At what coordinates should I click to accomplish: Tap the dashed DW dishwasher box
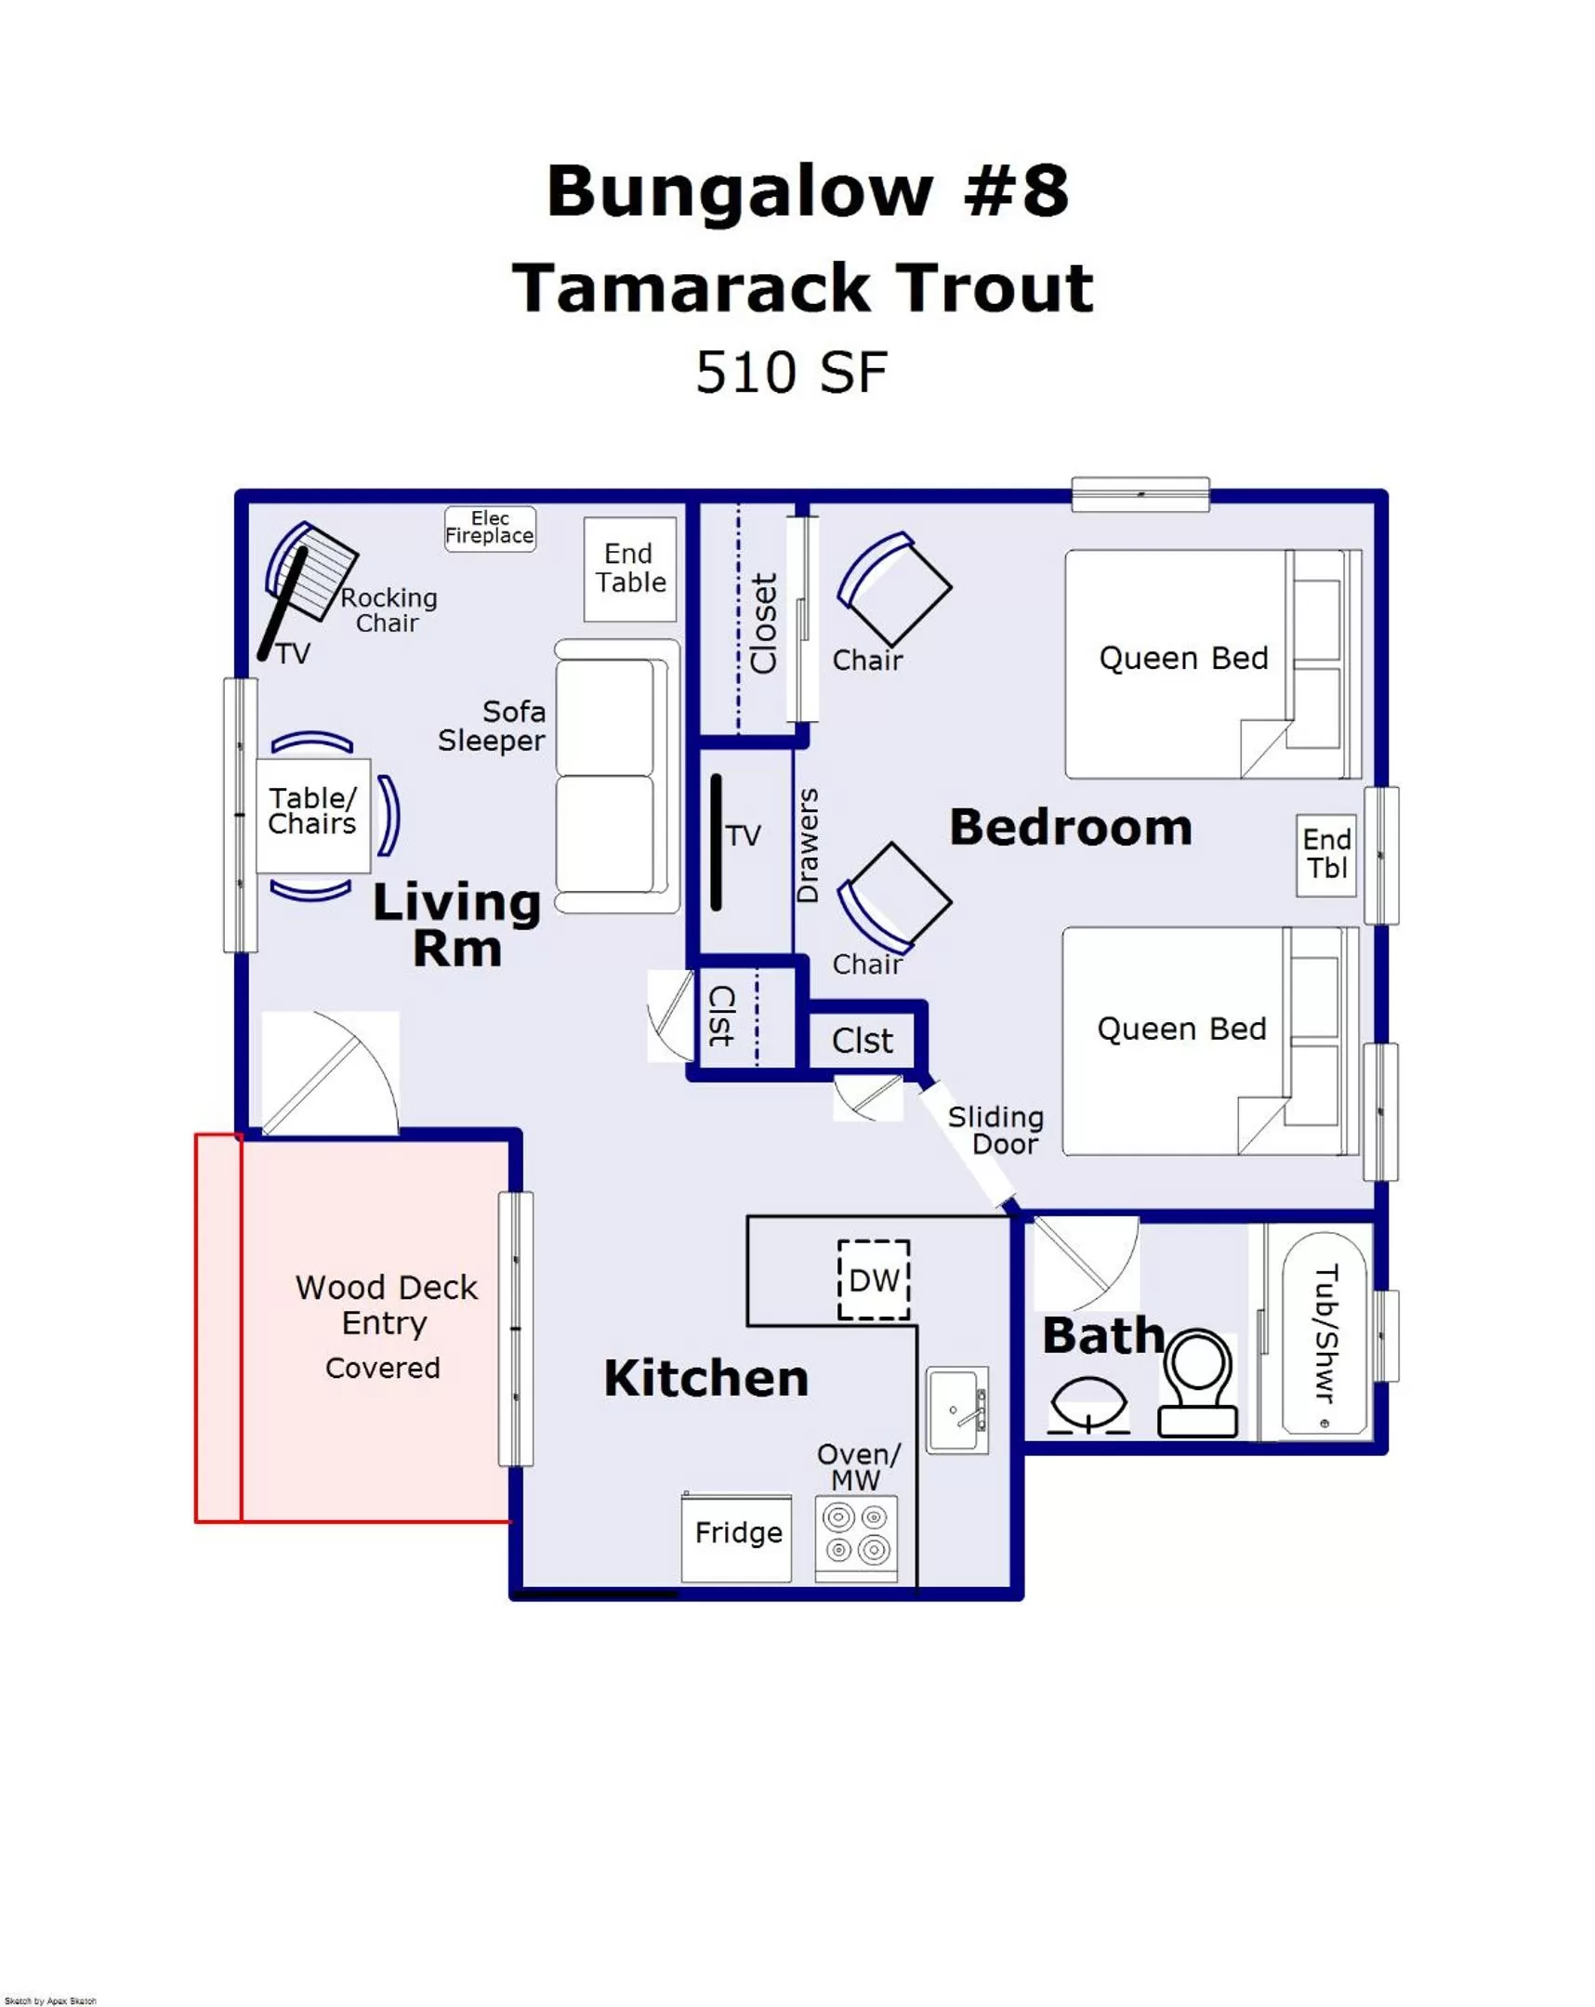tap(873, 1280)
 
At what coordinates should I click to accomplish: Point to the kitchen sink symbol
tap(957, 1410)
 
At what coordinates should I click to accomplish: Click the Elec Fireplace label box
tap(490, 528)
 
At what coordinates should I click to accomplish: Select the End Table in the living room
tap(629, 569)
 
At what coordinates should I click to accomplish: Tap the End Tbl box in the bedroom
tap(1325, 855)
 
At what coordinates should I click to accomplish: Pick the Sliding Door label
tap(996, 1129)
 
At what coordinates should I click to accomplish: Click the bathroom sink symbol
tap(1087, 1405)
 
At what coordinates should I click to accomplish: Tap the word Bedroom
tap(1070, 827)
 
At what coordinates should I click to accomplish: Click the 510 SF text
tap(791, 373)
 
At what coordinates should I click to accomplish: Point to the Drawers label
tap(808, 845)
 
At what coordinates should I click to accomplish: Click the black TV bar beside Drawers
tap(716, 843)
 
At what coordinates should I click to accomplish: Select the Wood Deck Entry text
tap(386, 1305)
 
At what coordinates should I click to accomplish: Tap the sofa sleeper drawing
tap(616, 775)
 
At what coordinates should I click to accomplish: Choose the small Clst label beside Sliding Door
tap(862, 1040)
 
